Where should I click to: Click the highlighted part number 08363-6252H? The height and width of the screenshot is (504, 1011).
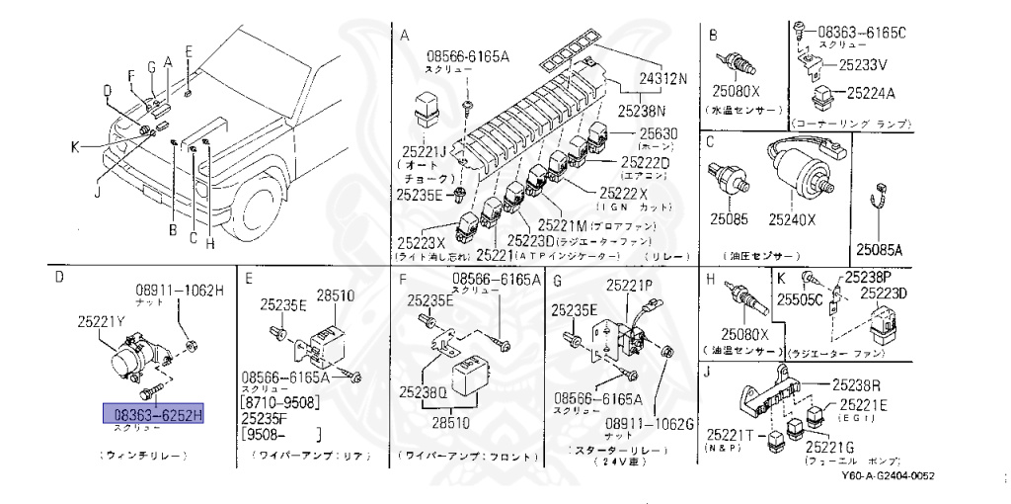click(154, 413)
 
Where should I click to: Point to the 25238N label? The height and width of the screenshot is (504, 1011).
click(643, 111)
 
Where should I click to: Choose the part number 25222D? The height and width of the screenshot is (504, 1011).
click(645, 162)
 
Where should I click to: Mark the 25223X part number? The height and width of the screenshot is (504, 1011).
click(422, 241)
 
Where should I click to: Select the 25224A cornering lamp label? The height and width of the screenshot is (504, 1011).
click(868, 94)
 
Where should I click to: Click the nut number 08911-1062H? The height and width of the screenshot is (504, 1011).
click(180, 290)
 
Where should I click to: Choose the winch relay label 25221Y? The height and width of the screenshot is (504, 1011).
click(104, 320)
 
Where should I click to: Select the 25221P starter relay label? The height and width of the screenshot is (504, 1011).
click(629, 286)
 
